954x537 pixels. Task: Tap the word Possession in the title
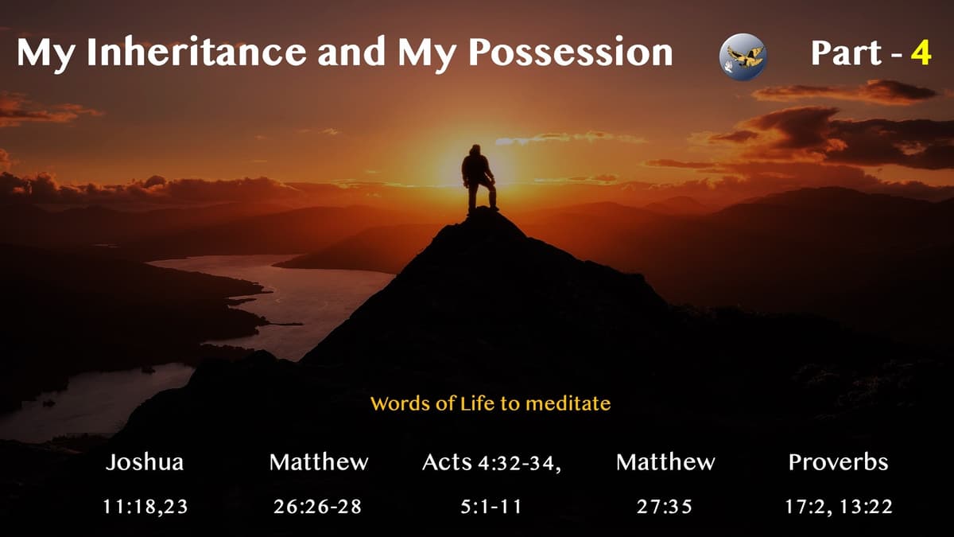point(570,53)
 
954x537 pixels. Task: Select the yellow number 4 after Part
point(921,53)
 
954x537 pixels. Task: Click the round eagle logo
point(743,56)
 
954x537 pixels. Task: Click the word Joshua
point(145,463)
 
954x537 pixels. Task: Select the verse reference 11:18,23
point(145,507)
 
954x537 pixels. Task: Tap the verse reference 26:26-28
point(318,507)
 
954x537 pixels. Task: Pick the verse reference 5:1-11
point(491,507)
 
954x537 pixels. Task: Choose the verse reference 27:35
point(665,507)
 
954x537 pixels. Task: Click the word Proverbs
point(838,463)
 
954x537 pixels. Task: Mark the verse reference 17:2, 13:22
point(838,507)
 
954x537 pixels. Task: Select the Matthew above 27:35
point(665,463)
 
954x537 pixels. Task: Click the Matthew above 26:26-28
point(318,463)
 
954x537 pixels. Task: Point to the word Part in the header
point(845,53)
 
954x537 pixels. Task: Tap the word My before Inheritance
point(47,53)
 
